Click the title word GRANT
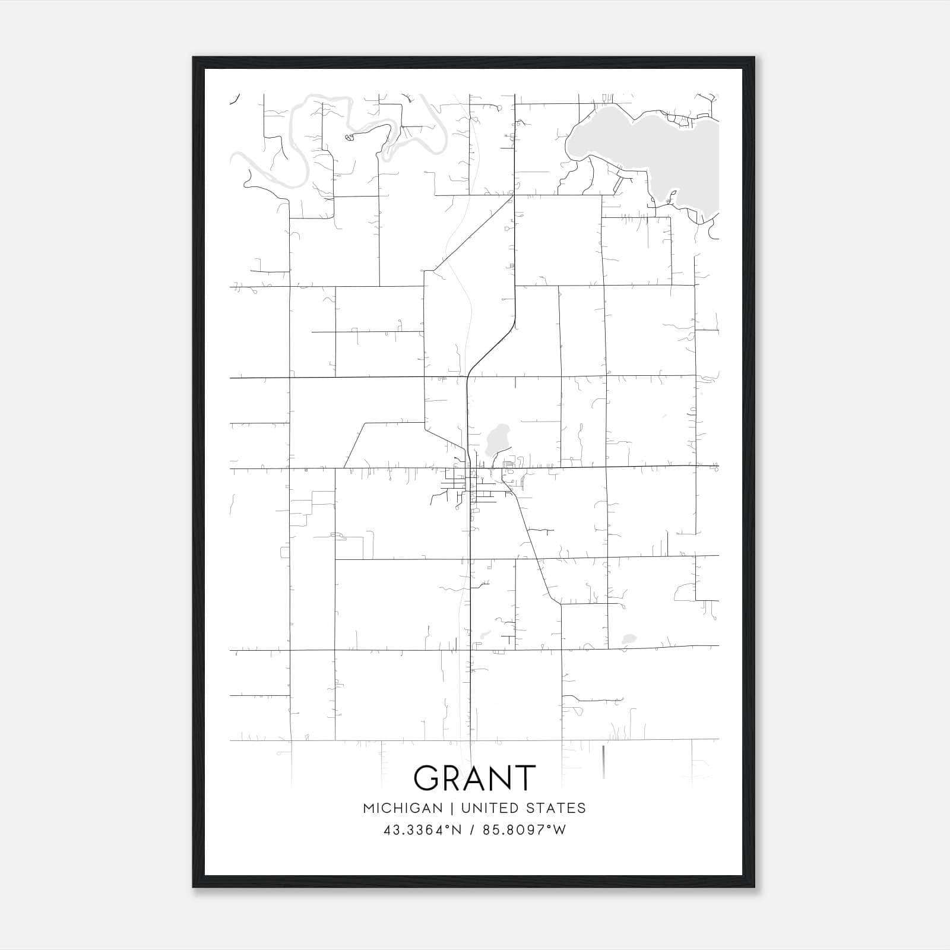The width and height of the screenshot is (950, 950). [474, 778]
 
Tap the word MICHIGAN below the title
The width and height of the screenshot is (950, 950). [403, 808]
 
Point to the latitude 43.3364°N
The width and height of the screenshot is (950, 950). [423, 829]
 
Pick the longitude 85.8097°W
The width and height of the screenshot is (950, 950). [524, 829]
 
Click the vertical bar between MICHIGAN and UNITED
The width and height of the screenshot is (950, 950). [452, 808]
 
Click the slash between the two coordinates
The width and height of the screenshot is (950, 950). [472, 829]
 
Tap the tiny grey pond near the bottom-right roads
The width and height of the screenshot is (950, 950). [628, 639]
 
